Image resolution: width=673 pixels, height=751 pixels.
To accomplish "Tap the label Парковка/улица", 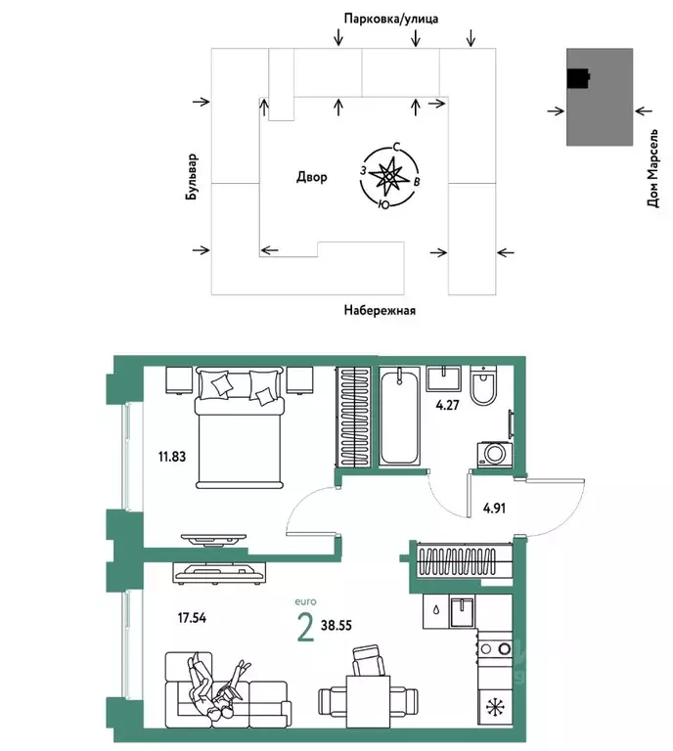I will (390, 18).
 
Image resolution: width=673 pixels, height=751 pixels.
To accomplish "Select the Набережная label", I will (380, 311).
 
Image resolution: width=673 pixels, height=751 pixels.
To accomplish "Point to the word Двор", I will (312, 177).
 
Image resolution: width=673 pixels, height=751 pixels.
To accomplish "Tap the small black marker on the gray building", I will (578, 77).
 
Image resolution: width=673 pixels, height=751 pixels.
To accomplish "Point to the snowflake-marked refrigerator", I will (496, 705).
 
